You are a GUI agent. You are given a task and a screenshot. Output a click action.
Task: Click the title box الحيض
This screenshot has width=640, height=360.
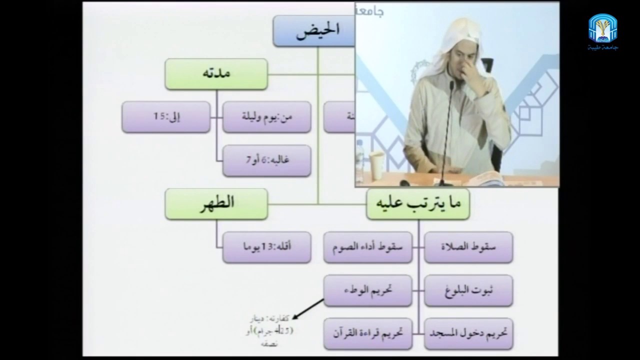314,31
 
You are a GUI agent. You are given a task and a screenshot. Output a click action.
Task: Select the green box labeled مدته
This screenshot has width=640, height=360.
216,74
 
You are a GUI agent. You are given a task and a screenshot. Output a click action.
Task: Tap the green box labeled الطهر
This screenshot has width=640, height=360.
216,204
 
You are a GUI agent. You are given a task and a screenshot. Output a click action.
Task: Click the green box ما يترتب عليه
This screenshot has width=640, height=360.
417,204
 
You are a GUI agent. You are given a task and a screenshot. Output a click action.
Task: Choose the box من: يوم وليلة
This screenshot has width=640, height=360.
266,117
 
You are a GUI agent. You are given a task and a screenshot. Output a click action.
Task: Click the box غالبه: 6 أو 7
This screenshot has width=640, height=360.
266,160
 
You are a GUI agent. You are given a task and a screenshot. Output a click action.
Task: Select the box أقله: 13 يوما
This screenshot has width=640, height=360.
266,247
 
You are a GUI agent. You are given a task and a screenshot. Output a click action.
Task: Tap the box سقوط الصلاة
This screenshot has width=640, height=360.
468,247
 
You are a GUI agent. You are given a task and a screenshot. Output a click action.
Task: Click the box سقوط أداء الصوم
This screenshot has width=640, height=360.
367,247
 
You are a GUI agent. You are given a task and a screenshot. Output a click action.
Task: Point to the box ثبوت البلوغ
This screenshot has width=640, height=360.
468,290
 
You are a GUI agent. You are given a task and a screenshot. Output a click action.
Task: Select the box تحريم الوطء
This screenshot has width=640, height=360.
367,290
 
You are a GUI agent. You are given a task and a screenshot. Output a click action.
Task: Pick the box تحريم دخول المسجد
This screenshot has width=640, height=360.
468,333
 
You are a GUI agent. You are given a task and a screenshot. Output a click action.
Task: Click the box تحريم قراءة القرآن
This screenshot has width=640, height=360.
367,333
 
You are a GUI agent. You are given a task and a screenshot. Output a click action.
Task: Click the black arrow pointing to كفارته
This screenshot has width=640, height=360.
308,308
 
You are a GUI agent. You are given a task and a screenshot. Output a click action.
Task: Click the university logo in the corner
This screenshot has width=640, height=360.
602,31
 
